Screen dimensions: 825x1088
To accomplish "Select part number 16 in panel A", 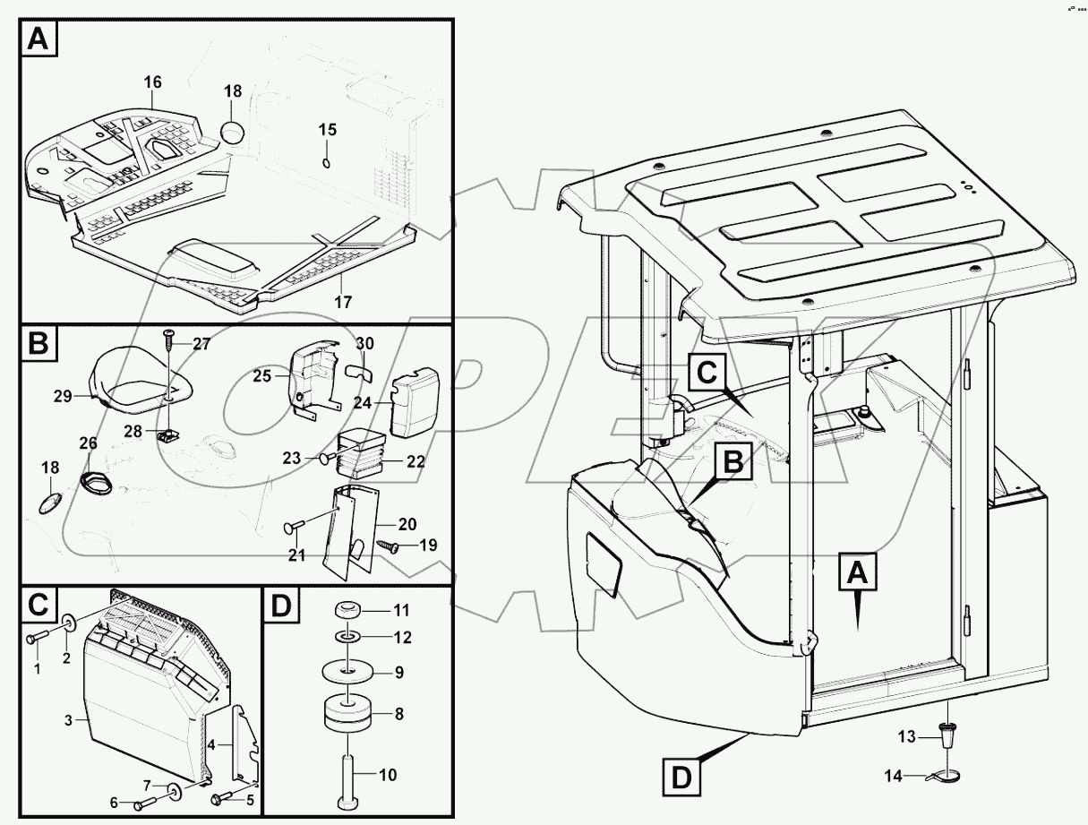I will (152, 82).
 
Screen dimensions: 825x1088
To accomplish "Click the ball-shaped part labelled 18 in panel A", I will (233, 131).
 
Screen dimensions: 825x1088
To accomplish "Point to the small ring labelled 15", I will (327, 162).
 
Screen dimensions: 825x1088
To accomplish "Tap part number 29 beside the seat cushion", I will (62, 395).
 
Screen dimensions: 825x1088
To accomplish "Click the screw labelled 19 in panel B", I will (389, 544).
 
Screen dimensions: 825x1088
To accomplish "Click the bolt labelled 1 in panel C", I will (35, 638).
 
